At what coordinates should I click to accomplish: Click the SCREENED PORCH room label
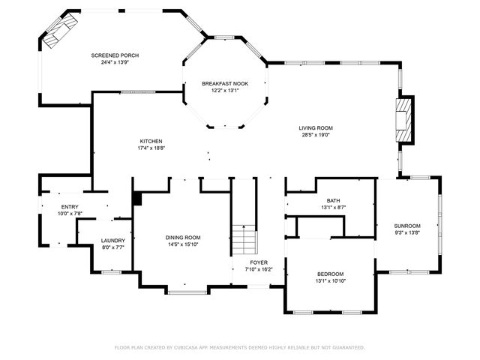[x=115, y=55]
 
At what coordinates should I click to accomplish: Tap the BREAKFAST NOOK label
[x=225, y=83]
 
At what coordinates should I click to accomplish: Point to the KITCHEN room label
[x=151, y=141]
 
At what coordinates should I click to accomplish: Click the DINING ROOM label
[x=183, y=237]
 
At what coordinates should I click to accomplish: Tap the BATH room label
[x=333, y=200]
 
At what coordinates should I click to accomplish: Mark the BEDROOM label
[x=330, y=274]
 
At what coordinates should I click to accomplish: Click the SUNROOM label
[x=407, y=226]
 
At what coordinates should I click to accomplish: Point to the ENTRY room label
[x=70, y=207]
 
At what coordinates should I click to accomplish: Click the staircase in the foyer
[x=244, y=240]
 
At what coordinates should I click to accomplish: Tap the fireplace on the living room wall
[x=404, y=119]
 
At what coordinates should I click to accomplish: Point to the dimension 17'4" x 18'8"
[x=151, y=148]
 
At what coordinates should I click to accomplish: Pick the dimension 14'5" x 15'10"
[x=183, y=244]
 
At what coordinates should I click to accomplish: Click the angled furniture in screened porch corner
[x=58, y=31]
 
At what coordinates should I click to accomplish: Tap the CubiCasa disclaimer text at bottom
[x=239, y=347]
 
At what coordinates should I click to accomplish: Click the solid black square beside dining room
[x=137, y=199]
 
